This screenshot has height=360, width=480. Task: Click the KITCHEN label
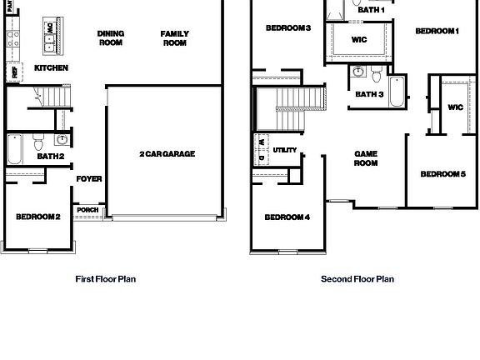tap(51, 67)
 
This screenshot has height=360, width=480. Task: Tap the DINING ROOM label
tap(111, 38)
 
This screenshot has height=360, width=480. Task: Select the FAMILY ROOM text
tap(174, 38)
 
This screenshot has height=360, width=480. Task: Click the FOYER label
tap(89, 178)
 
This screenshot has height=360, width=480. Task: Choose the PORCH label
tap(87, 209)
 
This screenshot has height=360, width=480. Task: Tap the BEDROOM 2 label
tap(37, 217)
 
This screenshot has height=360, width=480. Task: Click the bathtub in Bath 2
tap(15, 150)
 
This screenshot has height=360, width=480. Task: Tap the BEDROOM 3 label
tap(287, 28)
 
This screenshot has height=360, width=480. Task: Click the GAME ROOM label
tap(366, 158)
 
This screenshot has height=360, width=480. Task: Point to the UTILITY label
tap(284, 151)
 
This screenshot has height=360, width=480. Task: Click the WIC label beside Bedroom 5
tap(455, 107)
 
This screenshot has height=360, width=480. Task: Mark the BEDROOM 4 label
tap(287, 217)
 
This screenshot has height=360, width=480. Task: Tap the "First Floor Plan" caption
tap(105, 279)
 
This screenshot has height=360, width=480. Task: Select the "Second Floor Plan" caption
tap(357, 279)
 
